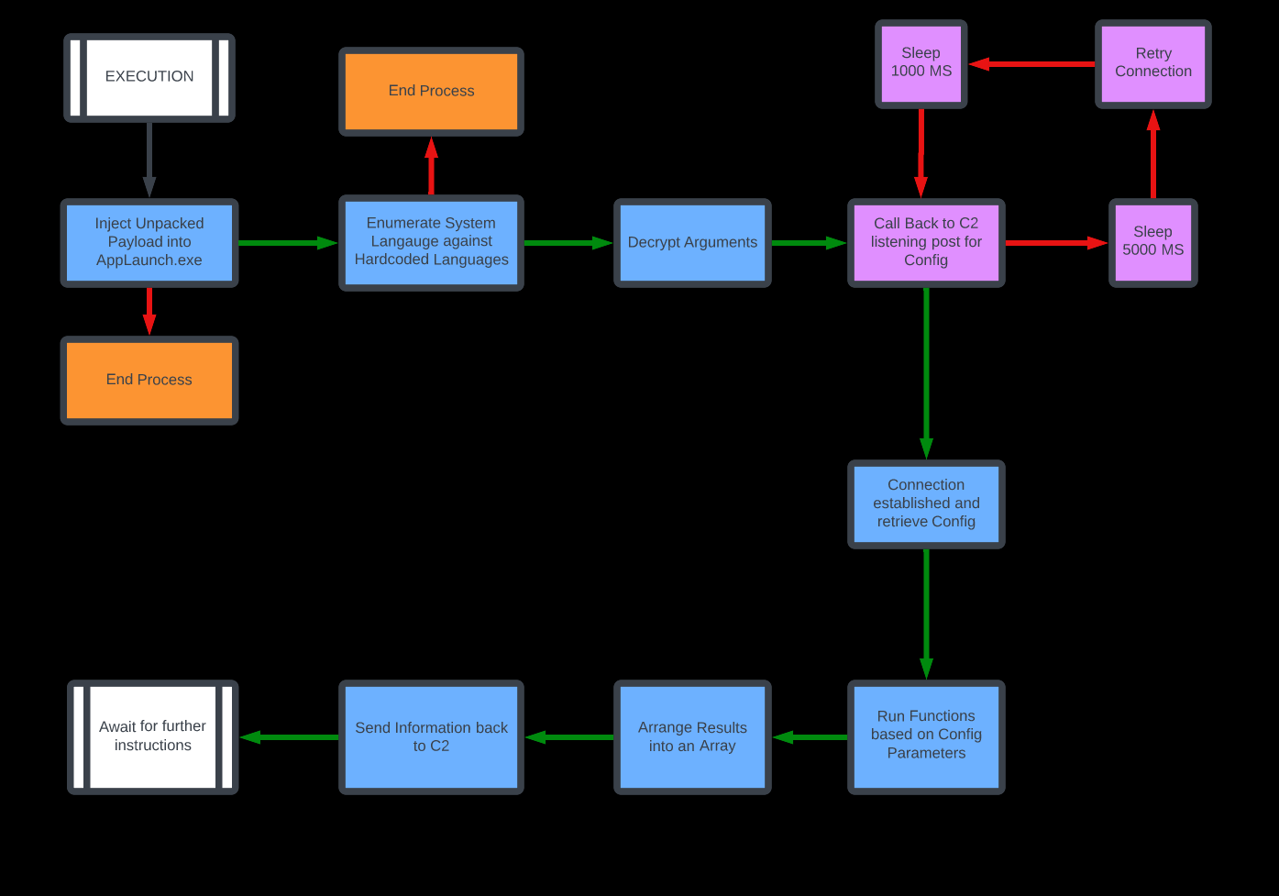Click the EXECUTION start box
coord(149,77)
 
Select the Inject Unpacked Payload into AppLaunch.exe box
coord(149,242)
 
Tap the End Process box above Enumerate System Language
coord(431,91)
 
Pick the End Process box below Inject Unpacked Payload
coord(149,380)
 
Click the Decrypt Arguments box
coord(692,242)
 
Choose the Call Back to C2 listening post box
coord(926,242)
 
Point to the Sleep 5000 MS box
coord(1152,242)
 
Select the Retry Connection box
coord(1152,63)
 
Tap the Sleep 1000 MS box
coord(921,63)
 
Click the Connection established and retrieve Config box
coord(926,503)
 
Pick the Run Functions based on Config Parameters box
coord(926,736)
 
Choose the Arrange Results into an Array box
coord(692,736)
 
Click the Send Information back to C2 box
coord(431,736)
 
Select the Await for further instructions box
coord(152,736)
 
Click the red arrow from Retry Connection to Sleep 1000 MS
coord(1031,64)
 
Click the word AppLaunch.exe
coord(149,260)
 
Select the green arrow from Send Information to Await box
coord(289,737)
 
